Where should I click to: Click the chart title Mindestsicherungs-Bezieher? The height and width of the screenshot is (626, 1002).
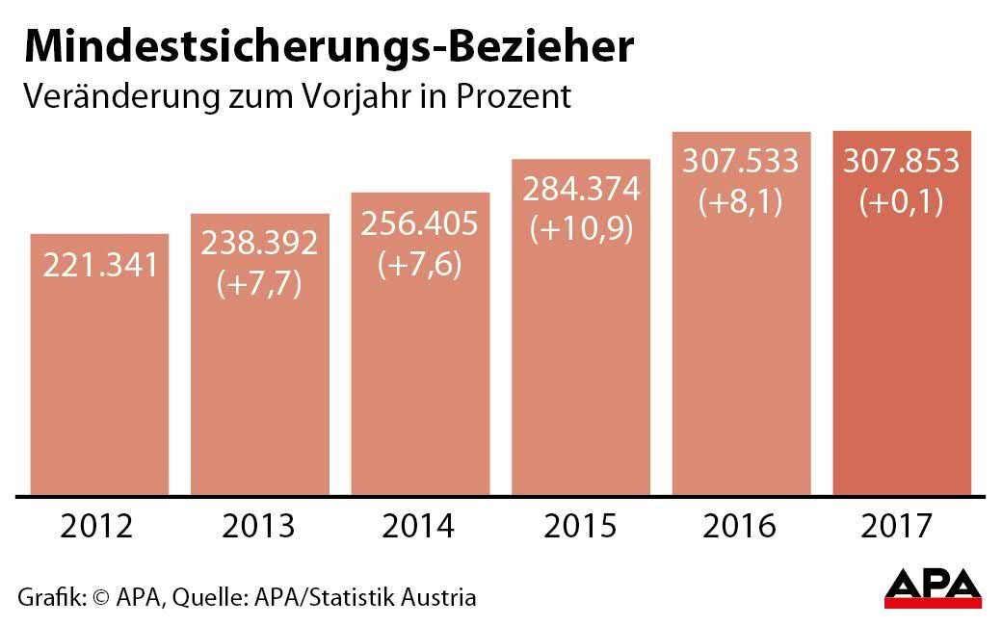(x=329, y=46)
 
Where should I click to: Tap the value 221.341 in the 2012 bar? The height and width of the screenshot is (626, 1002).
(x=99, y=264)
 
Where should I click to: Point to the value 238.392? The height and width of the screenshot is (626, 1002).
(x=259, y=244)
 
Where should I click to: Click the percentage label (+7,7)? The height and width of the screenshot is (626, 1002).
(x=259, y=285)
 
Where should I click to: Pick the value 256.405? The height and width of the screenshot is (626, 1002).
(x=419, y=223)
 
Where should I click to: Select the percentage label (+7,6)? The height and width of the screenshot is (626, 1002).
(x=419, y=265)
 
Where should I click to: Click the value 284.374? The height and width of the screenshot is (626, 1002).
(x=581, y=190)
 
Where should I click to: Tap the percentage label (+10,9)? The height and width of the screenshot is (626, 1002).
(x=581, y=231)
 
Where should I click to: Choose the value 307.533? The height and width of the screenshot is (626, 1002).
(x=741, y=161)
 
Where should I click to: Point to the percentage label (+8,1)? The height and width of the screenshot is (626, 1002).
(x=741, y=202)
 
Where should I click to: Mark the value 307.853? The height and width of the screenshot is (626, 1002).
(x=902, y=161)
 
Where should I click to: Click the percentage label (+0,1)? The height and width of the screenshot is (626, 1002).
(x=902, y=202)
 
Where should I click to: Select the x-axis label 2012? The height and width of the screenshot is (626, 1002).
(x=97, y=526)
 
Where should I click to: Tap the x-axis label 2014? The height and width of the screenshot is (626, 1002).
(x=418, y=526)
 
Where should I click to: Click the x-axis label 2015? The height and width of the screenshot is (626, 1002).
(x=580, y=526)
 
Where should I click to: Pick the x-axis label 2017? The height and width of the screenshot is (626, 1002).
(x=899, y=526)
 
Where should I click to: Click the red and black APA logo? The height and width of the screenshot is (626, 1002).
(x=932, y=588)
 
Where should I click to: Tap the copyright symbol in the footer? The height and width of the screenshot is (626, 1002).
(x=100, y=597)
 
